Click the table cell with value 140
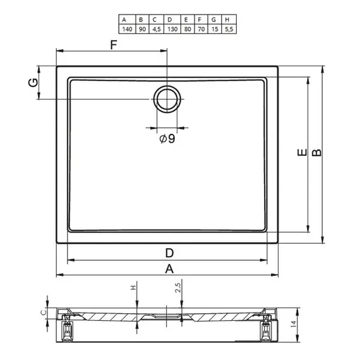click(127, 29)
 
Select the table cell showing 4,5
click(157, 29)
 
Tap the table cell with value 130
click(172, 29)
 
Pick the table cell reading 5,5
click(229, 29)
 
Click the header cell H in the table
click(227, 20)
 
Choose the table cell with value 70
click(201, 29)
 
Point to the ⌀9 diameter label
click(167, 138)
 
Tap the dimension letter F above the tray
click(114, 45)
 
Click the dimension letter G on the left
click(33, 83)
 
